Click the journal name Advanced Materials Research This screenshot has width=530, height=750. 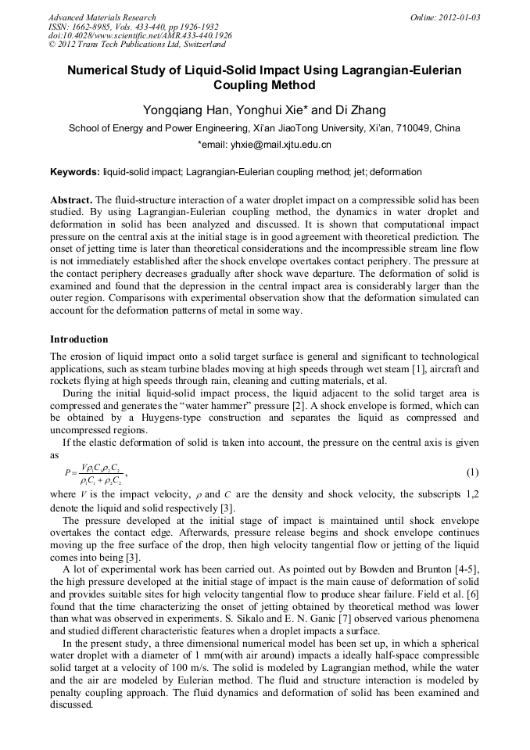(x=102, y=17)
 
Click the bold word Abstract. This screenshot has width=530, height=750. (x=71, y=200)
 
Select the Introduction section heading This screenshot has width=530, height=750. (x=79, y=339)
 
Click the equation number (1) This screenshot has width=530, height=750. (x=472, y=473)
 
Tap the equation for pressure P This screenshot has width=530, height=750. (x=95, y=473)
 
